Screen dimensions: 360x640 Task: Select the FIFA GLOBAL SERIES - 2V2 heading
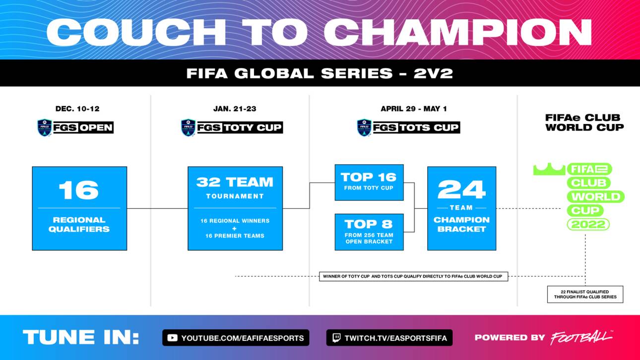tap(320, 73)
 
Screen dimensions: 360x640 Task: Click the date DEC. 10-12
tap(77, 109)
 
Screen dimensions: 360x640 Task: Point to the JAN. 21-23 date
tap(235, 109)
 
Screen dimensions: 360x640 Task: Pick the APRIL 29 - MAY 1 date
tap(413, 109)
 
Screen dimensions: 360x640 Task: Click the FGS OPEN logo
tap(75, 127)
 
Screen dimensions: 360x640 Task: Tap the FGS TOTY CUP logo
tap(232, 127)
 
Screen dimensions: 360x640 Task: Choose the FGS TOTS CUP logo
tap(408, 127)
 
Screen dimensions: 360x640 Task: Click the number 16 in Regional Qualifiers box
tap(78, 190)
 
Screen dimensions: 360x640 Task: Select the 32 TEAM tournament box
tap(235, 208)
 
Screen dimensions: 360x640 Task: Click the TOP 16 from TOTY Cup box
tap(369, 182)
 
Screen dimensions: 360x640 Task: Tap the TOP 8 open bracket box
tap(369, 232)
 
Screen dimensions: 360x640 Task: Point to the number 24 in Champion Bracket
tap(461, 189)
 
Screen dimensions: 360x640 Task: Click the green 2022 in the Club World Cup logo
tap(588, 225)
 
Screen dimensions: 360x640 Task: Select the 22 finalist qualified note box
tap(585, 294)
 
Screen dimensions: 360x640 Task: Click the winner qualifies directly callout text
tap(413, 276)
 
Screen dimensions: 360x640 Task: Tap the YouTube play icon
tap(172, 338)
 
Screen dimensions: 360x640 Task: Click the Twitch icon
tap(335, 338)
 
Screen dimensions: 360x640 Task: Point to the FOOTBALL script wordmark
tap(580, 338)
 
